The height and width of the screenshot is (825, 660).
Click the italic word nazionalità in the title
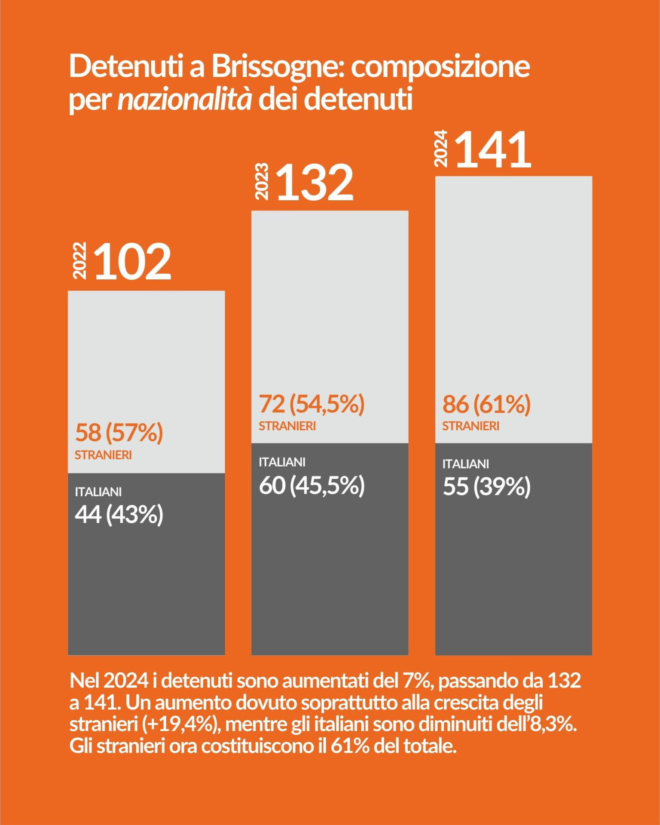185,100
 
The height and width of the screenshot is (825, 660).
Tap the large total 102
133,262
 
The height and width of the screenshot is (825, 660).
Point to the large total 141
493,150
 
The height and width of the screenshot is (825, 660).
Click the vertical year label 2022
80,260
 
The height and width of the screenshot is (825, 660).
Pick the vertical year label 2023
262,181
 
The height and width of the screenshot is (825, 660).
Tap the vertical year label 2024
441,148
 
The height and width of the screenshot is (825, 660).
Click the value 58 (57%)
119,432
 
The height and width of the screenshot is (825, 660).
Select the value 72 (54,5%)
312,404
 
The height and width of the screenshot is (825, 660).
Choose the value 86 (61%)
486,404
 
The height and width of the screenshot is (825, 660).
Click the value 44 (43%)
119,514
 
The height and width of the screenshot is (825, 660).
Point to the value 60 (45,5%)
312,486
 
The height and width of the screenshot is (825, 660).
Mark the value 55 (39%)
486,487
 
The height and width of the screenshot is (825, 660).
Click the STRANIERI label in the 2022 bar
103,455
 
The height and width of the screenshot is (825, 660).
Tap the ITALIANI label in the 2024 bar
466,464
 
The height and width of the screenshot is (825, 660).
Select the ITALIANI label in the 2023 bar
282,462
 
